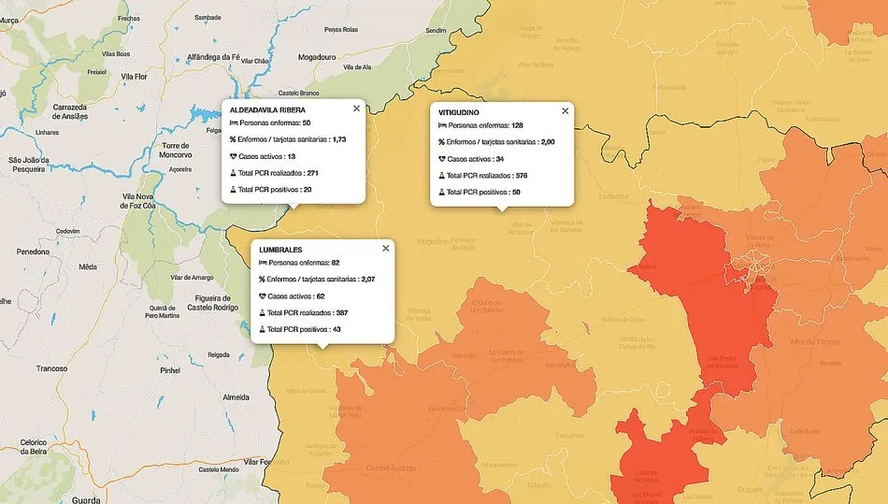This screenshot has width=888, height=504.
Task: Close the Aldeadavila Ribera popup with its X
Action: (x=356, y=108)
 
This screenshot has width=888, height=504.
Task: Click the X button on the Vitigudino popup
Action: (x=565, y=110)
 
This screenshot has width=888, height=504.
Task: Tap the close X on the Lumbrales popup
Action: (x=385, y=248)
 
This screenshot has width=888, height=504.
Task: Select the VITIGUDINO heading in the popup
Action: (x=460, y=111)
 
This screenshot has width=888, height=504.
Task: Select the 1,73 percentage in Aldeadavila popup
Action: (x=339, y=139)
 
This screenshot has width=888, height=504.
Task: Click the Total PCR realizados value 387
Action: (x=341, y=312)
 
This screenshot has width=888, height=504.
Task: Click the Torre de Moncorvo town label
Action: (x=175, y=151)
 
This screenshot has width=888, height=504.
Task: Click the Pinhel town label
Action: (x=171, y=371)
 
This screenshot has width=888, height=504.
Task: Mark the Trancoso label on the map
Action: (x=51, y=368)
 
